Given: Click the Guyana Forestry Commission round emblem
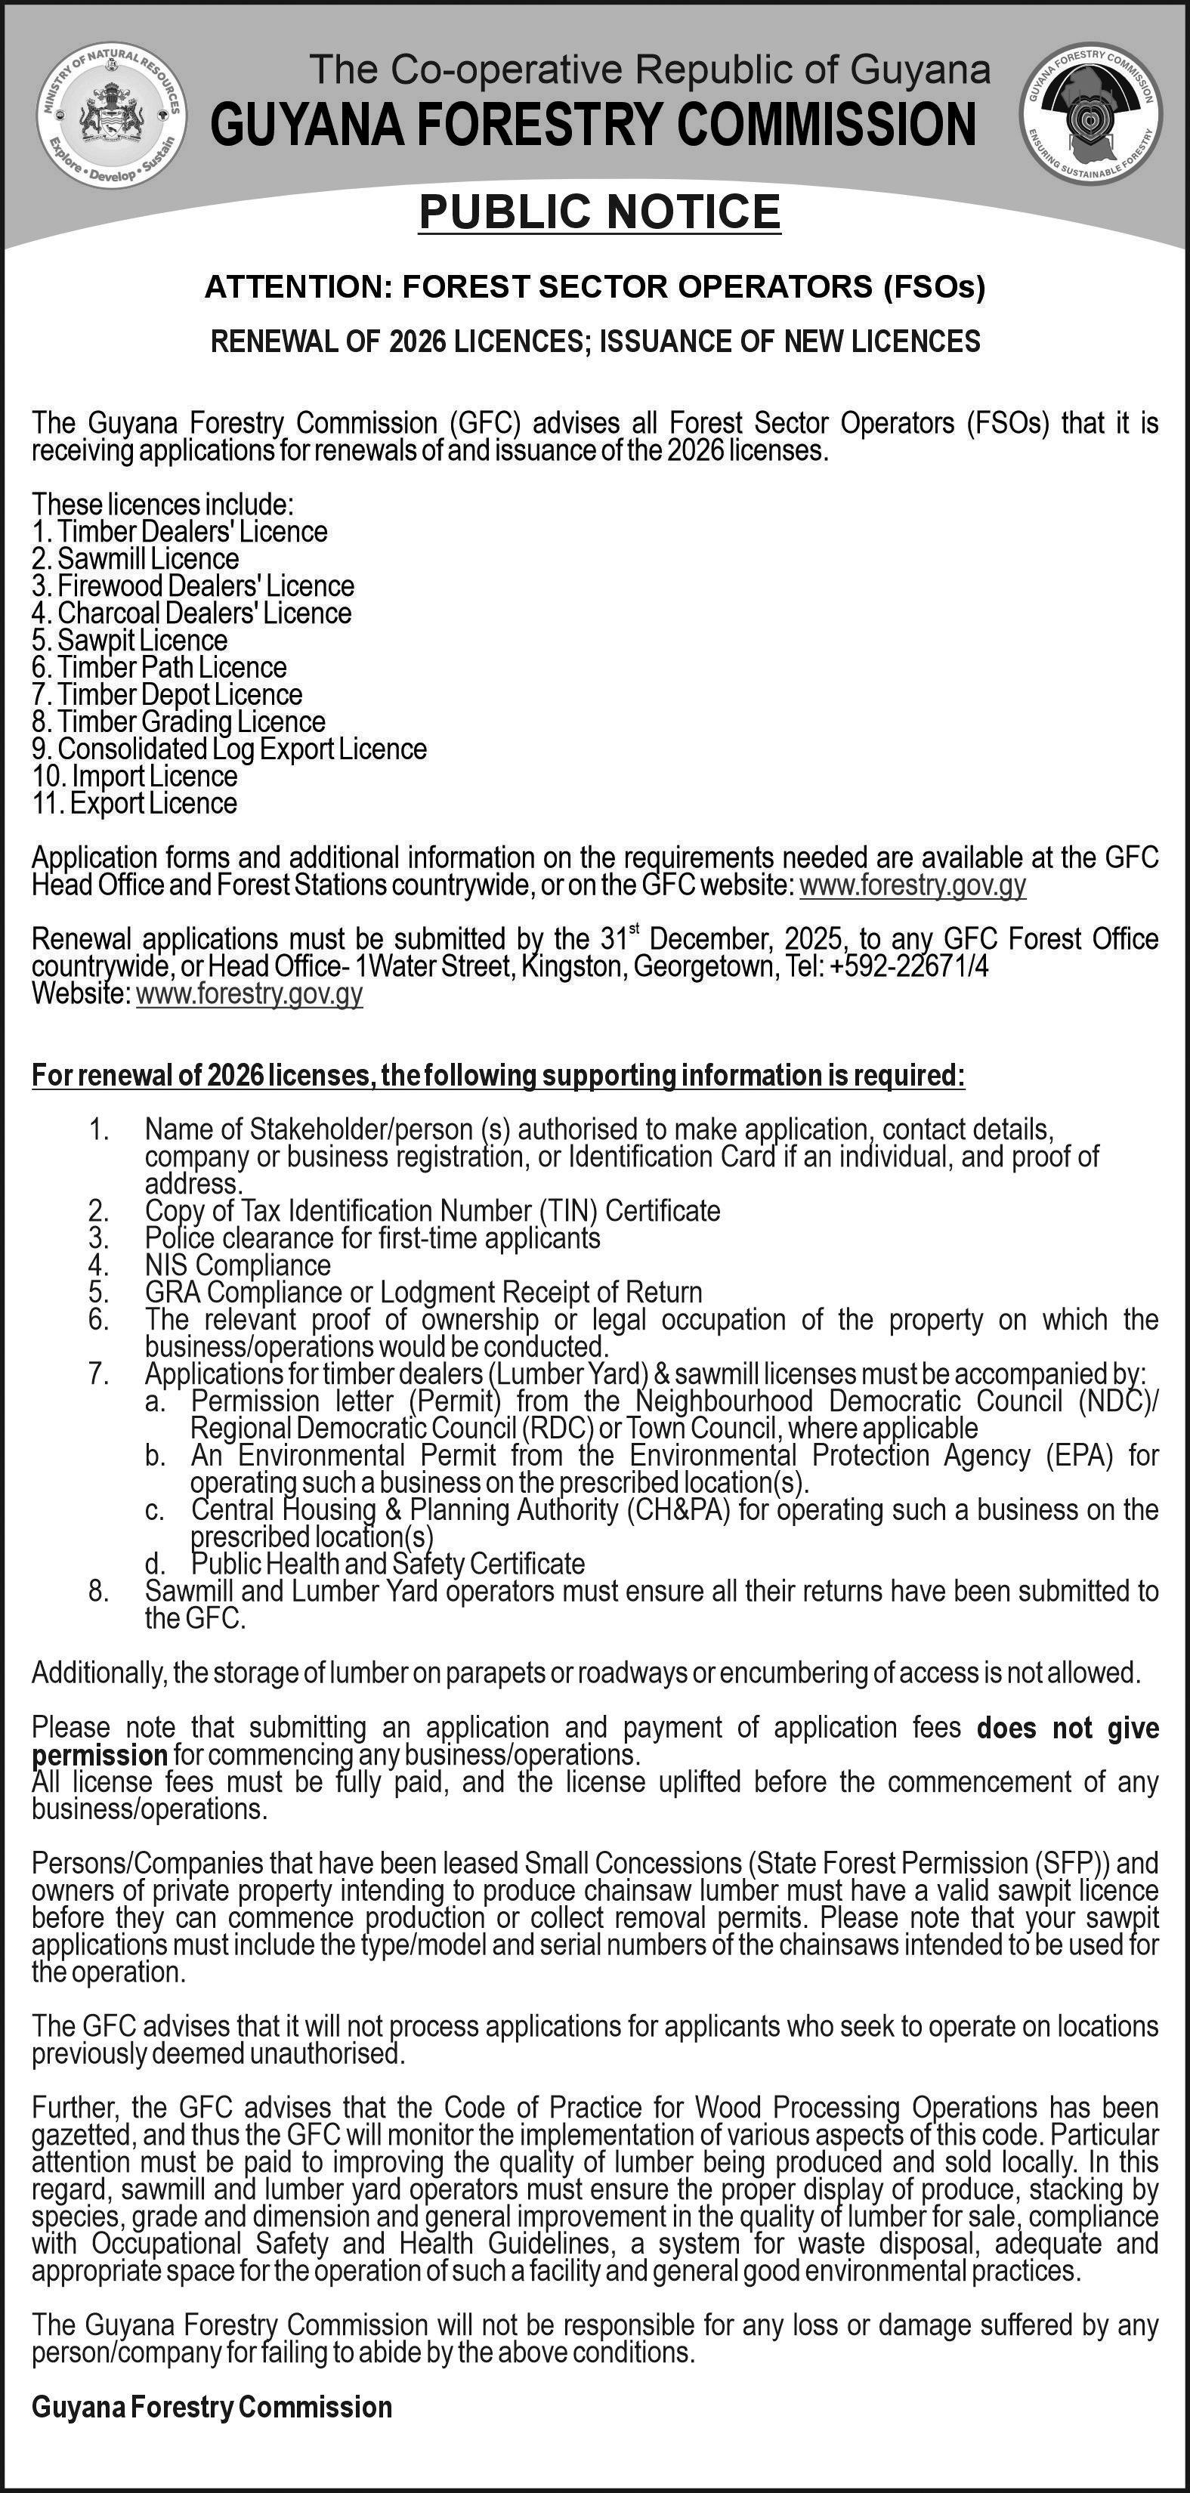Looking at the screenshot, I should [x=1091, y=114].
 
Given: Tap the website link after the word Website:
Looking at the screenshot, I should [x=250, y=994].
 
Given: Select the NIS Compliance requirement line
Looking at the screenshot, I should [x=237, y=1265].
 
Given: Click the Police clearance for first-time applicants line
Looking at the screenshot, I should [x=372, y=1237].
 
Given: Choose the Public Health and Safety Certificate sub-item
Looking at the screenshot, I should [x=388, y=1563].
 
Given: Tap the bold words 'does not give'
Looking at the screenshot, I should [x=1067, y=1728].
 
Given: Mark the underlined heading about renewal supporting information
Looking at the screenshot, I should [x=498, y=1075].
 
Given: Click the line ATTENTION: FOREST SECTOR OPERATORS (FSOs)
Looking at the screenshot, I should [x=595, y=286].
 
